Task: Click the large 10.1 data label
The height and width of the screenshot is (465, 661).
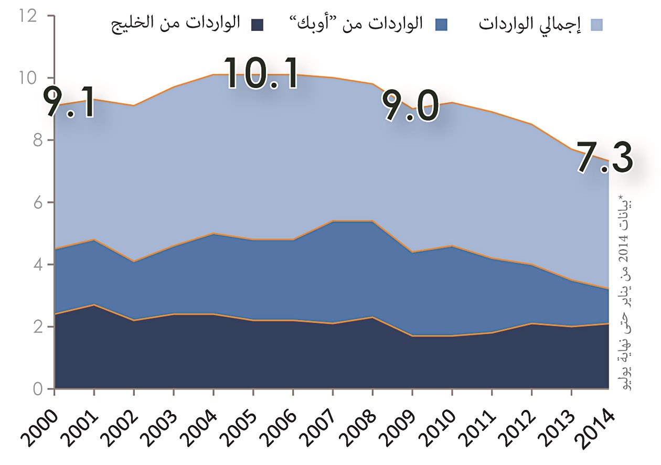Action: (x=262, y=73)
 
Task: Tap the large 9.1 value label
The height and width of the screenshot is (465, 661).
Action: (x=69, y=103)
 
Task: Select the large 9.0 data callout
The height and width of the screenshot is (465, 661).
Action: (x=410, y=106)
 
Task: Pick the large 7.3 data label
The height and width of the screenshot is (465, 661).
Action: (x=604, y=157)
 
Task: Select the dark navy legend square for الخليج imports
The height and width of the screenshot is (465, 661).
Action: (x=257, y=24)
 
